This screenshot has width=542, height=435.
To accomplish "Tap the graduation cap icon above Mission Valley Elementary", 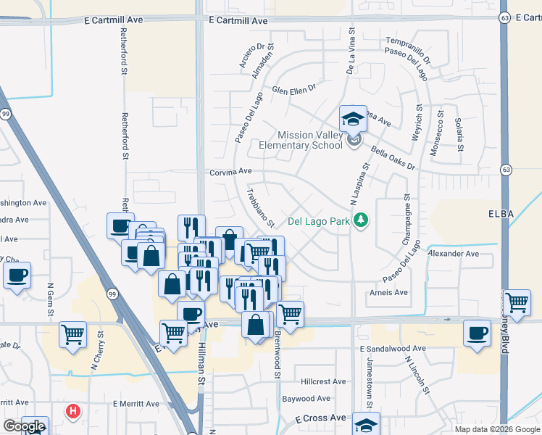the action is click(x=353, y=118).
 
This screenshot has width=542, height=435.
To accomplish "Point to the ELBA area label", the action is click(x=501, y=214).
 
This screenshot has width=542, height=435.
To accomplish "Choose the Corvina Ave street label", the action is click(x=230, y=172).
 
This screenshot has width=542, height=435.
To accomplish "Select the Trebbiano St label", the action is click(x=260, y=208).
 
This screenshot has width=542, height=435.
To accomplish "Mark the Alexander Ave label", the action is click(x=454, y=254).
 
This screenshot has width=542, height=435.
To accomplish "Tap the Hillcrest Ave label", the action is click(x=324, y=381).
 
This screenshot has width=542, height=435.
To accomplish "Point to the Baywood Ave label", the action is click(x=307, y=399).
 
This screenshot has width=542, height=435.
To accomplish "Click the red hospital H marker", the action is click(x=72, y=412).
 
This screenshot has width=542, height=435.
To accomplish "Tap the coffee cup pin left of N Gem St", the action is click(x=17, y=275).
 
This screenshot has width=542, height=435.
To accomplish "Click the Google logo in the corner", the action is click(x=24, y=426).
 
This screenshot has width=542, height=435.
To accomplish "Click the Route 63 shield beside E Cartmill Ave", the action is click(x=504, y=17).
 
